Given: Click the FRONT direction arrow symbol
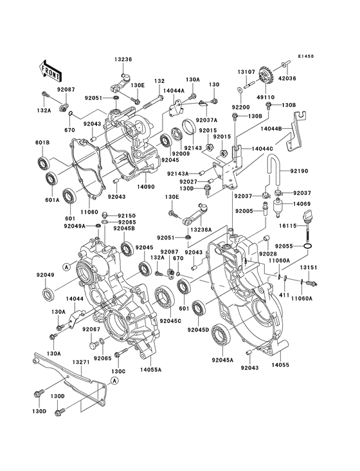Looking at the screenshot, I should pos(51,66).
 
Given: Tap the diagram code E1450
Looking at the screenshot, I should pos(305,57).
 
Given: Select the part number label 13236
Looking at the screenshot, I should pos(123,59).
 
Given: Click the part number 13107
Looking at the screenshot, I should pos(246,72).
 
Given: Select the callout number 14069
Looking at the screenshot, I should pos(303,203).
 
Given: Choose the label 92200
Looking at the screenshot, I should pos(241,107).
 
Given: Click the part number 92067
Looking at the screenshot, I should pos(91,329).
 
